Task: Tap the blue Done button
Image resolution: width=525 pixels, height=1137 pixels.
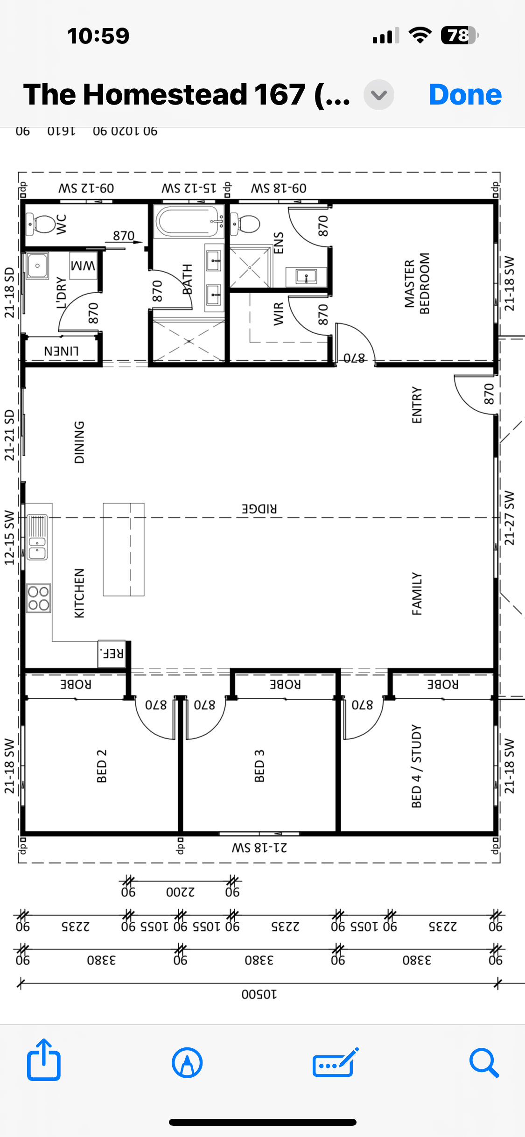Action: [465, 95]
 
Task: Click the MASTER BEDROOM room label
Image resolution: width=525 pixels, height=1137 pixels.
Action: [417, 284]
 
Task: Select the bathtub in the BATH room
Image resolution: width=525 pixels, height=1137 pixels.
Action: [189, 221]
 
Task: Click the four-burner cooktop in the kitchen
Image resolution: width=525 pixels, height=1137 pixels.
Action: [38, 598]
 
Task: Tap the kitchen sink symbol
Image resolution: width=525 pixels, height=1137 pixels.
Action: [37, 537]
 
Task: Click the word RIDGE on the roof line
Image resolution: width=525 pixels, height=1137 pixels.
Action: [259, 509]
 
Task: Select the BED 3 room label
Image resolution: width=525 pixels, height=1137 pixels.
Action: [259, 766]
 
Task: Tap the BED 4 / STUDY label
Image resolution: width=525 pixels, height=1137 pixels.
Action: [417, 766]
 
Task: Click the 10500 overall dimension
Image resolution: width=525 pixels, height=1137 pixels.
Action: [259, 994]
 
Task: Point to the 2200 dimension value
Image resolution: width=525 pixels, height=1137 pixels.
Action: [181, 892]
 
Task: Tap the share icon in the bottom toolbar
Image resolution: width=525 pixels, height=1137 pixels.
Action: [44, 1060]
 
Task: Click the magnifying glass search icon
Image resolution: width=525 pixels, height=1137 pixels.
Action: [484, 1062]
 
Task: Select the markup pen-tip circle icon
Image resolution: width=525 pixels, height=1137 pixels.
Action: [187, 1063]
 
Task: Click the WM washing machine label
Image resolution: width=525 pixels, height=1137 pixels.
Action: [83, 266]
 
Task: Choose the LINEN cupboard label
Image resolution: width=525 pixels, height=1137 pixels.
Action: [61, 351]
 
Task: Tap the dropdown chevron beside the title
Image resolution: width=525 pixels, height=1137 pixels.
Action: [379, 95]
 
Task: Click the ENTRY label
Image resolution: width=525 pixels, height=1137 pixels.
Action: [417, 405]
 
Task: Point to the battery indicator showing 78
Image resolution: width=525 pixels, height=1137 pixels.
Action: [460, 35]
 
